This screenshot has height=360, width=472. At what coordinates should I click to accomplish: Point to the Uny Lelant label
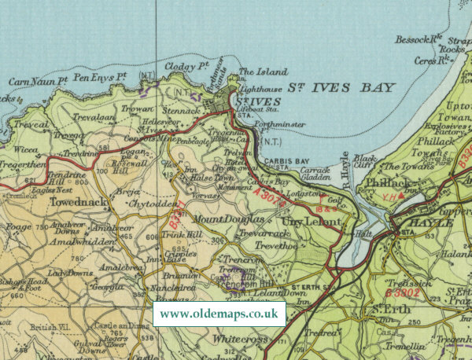tap(312, 222)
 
